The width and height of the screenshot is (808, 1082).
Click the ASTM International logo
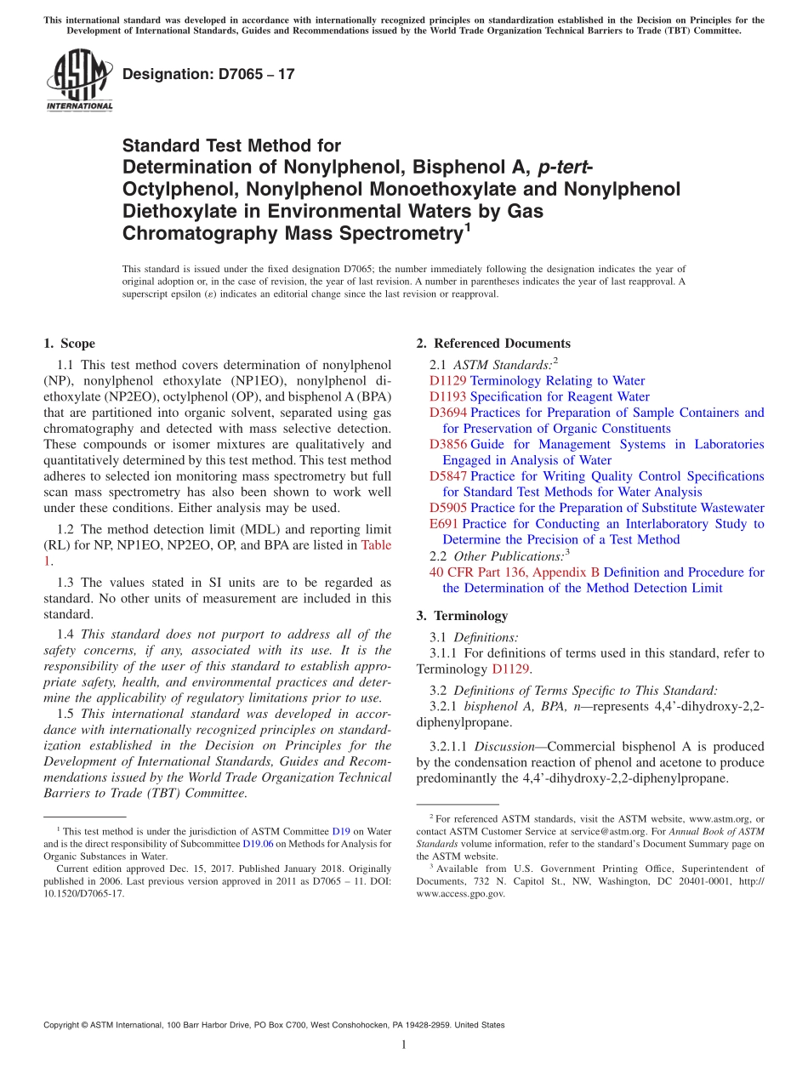point(79,82)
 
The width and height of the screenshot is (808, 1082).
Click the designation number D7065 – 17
point(208,74)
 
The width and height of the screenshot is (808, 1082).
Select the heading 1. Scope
point(69,344)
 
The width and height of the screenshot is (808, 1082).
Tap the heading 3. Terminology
point(462,615)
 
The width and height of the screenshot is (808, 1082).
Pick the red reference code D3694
point(448,413)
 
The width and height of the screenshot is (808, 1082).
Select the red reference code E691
point(444,524)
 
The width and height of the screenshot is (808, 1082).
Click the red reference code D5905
point(448,508)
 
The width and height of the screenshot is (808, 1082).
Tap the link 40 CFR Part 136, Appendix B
point(515,572)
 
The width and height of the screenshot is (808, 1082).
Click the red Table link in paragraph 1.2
point(376,545)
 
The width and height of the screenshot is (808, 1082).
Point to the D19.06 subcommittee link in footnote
point(257,844)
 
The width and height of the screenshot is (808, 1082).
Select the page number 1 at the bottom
point(404,1045)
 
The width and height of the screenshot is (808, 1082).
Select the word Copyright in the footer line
point(65,1025)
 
